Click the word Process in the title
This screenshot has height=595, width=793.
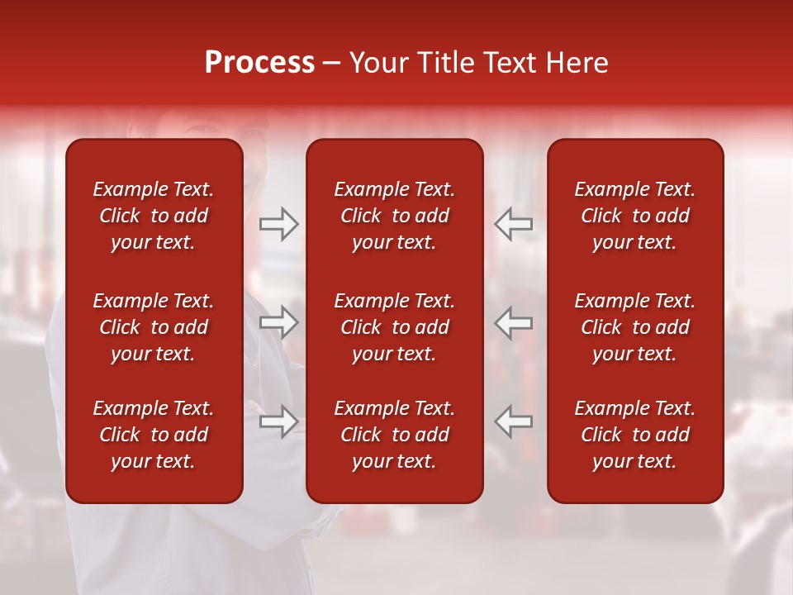[x=259, y=63]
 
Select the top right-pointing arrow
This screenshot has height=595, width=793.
[x=278, y=223]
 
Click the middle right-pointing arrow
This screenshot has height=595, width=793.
[x=278, y=322]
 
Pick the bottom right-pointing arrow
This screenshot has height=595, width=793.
[x=278, y=421]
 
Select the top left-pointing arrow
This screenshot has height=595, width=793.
[x=514, y=223]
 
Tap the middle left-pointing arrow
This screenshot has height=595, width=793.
[x=514, y=322]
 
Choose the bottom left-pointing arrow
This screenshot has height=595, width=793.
[x=514, y=421]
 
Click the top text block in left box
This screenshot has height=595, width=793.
[x=154, y=216]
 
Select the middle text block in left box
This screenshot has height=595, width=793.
[x=154, y=327]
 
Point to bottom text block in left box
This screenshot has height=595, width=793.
[x=154, y=435]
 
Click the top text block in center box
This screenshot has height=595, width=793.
[x=394, y=216]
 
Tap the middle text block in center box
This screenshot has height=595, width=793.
[x=394, y=327]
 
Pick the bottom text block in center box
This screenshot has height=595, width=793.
[x=394, y=435]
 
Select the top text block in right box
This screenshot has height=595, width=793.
[x=634, y=216]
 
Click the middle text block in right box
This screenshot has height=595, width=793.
[x=634, y=327]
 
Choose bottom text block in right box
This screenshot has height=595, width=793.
[x=634, y=435]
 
